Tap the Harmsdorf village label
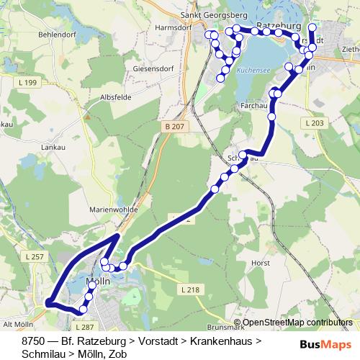pos(171,29)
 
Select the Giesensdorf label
pos(152,70)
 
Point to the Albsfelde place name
pos(120,96)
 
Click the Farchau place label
pos(253,105)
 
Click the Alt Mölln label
pos(19,324)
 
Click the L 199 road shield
pos(30,84)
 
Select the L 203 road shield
pos(314,124)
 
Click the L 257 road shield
pos(33,257)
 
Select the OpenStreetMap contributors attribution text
pos(297,323)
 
